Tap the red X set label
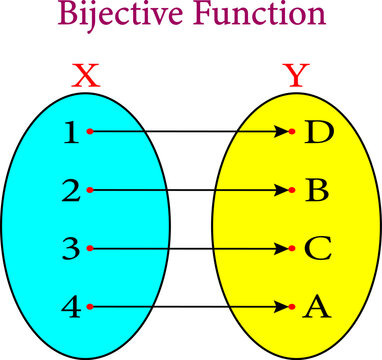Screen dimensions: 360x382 [87, 76]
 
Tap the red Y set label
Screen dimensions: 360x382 [294, 76]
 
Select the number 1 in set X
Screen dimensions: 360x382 [68, 132]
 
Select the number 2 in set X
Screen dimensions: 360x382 [68, 190]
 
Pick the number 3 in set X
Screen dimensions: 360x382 [68, 248]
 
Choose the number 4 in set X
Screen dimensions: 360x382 [68, 306]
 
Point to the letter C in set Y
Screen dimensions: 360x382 [317, 248]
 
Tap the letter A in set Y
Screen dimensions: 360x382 [316, 306]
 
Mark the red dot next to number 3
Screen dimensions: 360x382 [91, 248]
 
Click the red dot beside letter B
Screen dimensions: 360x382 [293, 190]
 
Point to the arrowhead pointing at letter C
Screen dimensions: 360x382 [283, 248]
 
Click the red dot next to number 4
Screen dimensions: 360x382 [91, 306]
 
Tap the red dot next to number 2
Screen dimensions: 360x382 [91, 190]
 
